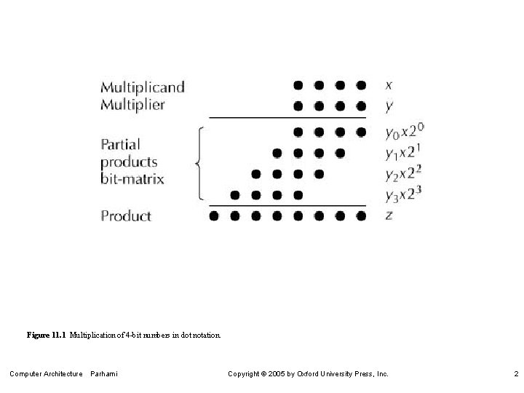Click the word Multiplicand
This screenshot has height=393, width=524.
point(143,87)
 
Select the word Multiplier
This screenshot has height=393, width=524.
point(132,105)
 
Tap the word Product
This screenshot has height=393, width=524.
point(126,216)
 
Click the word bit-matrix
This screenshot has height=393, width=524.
point(132,179)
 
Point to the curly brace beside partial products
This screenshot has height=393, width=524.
point(198,163)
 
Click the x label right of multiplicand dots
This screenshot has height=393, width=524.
point(389,86)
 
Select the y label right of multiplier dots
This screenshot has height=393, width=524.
point(389,106)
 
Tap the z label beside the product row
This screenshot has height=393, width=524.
point(389,216)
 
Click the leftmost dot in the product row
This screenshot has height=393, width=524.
point(213,216)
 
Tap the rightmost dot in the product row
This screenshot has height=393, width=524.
point(361,216)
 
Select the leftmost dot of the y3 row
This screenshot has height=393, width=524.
point(234,195)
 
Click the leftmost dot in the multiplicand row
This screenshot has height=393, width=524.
point(298,85)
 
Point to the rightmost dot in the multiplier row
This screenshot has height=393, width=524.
point(361,106)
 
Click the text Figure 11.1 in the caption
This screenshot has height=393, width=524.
point(47,336)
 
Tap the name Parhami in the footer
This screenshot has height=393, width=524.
point(103,374)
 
